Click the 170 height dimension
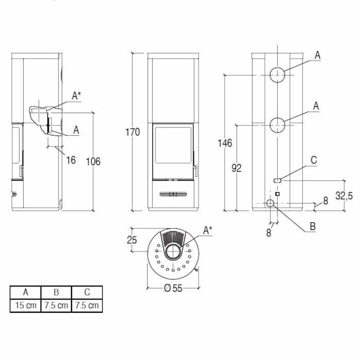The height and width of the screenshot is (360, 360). click(133, 132)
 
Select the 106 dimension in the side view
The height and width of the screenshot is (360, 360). click(93, 161)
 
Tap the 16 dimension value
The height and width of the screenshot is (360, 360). click(71, 160)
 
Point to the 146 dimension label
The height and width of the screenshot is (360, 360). click(225, 143)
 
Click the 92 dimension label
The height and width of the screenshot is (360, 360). click(236, 168)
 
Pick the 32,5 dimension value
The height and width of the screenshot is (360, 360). click(344, 195)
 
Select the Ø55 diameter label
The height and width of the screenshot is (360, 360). click(173, 289)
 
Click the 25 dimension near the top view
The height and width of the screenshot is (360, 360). click(132, 240)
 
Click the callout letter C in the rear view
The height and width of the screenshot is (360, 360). click(314, 160)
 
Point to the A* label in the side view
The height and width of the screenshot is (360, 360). click(76, 95)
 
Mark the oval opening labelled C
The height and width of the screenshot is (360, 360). click(277, 180)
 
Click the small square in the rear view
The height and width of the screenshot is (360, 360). click(277, 194)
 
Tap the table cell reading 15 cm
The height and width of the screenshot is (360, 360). click(25, 305)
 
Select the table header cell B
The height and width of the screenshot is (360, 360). click(56, 292)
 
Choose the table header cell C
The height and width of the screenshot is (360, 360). click(87, 292)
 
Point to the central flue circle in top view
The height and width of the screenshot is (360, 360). click(173, 253)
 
